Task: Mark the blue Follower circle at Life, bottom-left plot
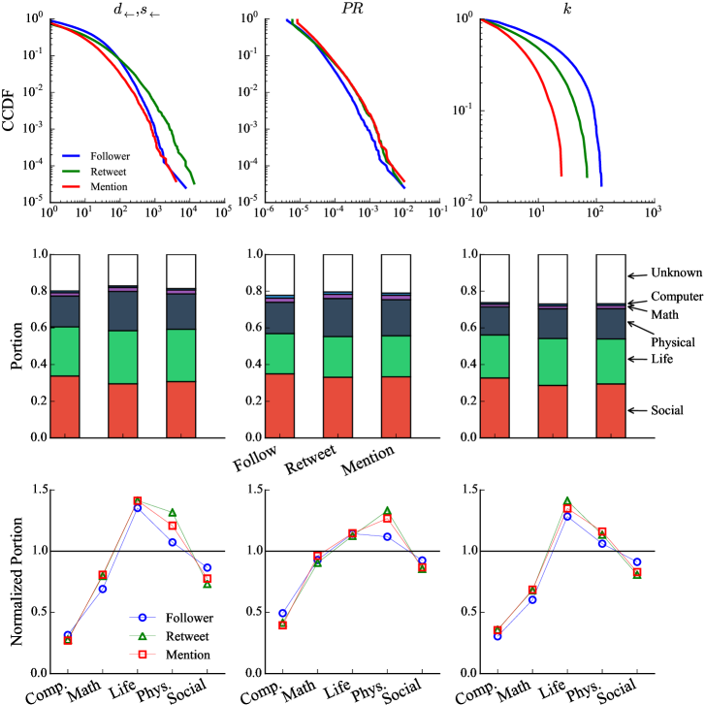(x=138, y=507)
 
